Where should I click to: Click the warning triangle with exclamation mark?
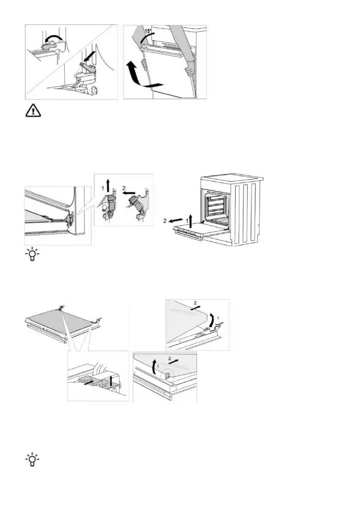(x=31, y=111)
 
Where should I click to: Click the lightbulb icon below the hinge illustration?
(x=31, y=256)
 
